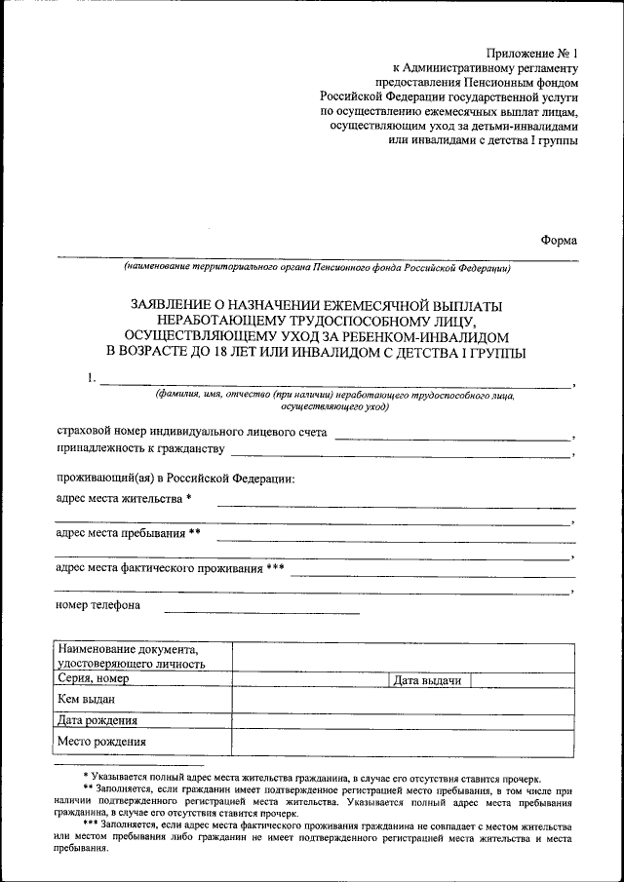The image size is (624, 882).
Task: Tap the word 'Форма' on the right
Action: point(559,241)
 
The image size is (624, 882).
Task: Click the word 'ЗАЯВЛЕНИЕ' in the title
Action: point(175,305)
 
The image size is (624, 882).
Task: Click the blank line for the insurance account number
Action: point(452,438)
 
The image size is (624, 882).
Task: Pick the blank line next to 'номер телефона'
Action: point(261,611)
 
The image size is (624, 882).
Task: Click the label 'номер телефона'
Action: point(98,605)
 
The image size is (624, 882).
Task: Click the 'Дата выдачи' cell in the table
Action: point(426,680)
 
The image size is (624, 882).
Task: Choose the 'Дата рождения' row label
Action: point(97,721)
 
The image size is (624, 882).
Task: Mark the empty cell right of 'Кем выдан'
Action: point(401,700)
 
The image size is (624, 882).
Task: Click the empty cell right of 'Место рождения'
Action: point(401,743)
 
